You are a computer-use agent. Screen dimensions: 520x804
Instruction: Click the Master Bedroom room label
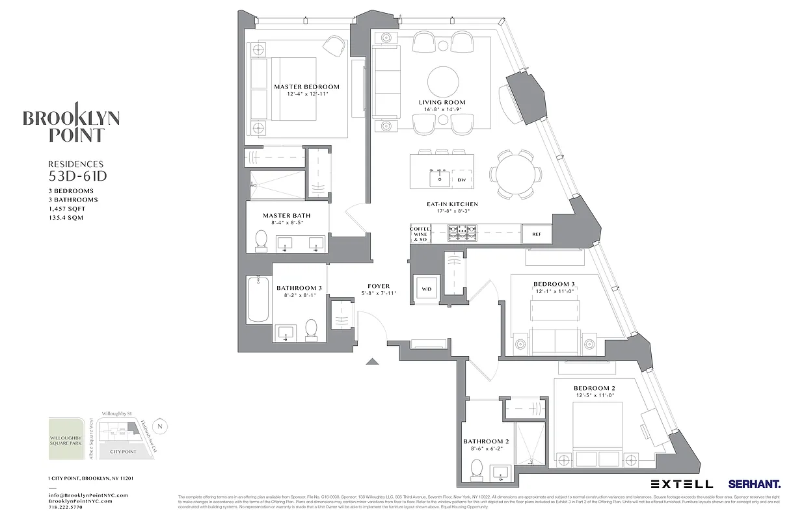[306, 86]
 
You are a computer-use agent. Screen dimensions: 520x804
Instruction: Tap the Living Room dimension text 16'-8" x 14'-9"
[442, 110]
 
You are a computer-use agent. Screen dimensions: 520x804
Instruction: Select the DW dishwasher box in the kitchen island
[461, 180]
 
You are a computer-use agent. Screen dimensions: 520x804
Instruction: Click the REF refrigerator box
[536, 234]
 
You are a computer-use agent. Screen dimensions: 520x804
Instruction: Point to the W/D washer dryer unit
[427, 289]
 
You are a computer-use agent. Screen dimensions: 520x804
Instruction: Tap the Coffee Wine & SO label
[420, 234]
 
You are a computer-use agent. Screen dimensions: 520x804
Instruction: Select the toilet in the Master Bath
[261, 240]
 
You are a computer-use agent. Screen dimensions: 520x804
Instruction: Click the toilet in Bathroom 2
[477, 469]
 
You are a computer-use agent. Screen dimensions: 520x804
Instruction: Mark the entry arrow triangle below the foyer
[373, 361]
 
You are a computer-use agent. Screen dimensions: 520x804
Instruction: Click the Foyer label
[379, 286]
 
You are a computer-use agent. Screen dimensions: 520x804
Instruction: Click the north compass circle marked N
[162, 426]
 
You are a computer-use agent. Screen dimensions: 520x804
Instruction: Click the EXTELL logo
[682, 484]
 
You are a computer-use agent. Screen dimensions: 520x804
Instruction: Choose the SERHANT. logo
[755, 484]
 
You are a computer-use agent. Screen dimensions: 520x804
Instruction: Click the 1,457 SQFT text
[66, 209]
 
